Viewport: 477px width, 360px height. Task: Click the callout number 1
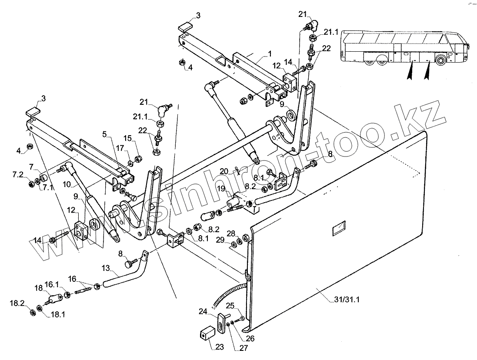[x=270, y=53]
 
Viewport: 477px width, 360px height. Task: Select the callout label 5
[x=104, y=134]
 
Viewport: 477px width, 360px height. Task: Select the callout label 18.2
[x=17, y=303]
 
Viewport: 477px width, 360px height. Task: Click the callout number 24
[x=203, y=311]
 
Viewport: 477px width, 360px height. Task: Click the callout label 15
[x=127, y=138]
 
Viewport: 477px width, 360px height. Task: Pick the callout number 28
[x=230, y=233]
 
